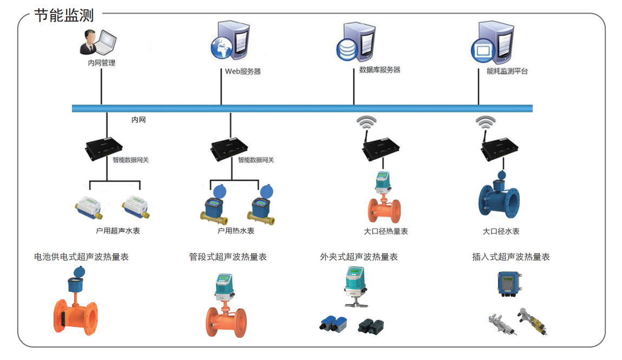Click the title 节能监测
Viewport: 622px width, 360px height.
point(64,15)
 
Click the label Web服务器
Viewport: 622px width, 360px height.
point(243,71)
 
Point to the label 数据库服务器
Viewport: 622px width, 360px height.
point(379,70)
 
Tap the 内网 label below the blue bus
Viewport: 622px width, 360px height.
point(139,120)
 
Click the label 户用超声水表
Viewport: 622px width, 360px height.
point(117,231)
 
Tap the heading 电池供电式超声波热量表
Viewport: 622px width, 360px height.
point(81,257)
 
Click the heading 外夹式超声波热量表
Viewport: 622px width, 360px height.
point(358,257)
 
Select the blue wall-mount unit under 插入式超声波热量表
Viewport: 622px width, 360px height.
point(510,284)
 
